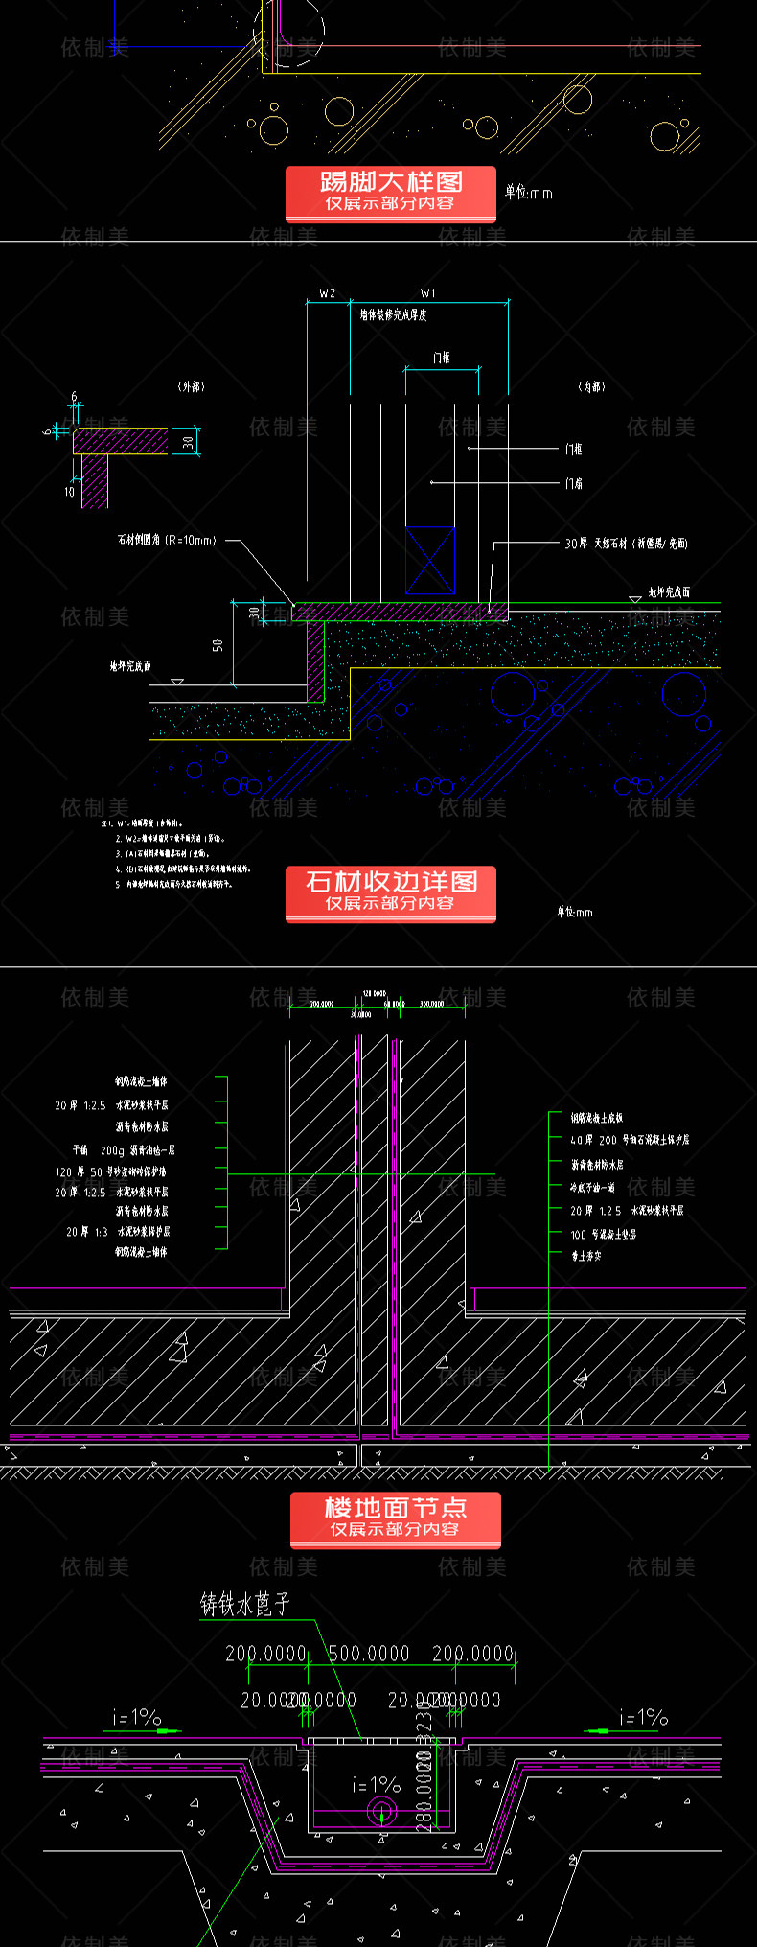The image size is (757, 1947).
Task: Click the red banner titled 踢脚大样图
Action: point(390,192)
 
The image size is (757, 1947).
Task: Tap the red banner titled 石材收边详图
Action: point(390,892)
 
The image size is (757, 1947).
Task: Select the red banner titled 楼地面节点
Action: point(395,1518)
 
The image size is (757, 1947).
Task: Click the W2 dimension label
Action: point(328,293)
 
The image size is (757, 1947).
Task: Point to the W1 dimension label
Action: point(427,293)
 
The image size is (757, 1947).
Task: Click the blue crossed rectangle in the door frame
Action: point(430,560)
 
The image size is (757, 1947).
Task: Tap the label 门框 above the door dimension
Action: point(441,358)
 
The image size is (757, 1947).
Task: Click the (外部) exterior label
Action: point(192,386)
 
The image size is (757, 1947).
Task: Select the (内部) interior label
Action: point(591,386)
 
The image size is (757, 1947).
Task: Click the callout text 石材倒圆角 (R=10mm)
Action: point(167,540)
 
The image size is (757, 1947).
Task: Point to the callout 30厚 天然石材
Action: point(626,544)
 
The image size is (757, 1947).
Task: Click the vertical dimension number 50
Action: point(218,646)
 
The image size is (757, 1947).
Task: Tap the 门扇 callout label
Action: point(573,483)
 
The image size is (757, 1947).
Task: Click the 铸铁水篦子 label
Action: point(244,1605)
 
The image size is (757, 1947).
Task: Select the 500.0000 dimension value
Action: point(369,1654)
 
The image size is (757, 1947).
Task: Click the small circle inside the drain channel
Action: point(380,1811)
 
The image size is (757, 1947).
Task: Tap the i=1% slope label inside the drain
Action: point(376,1784)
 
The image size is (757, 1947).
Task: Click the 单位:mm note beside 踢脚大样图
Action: point(529,193)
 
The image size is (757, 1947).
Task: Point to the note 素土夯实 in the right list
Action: point(586,1255)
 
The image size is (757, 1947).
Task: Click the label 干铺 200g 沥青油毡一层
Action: point(124,1149)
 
